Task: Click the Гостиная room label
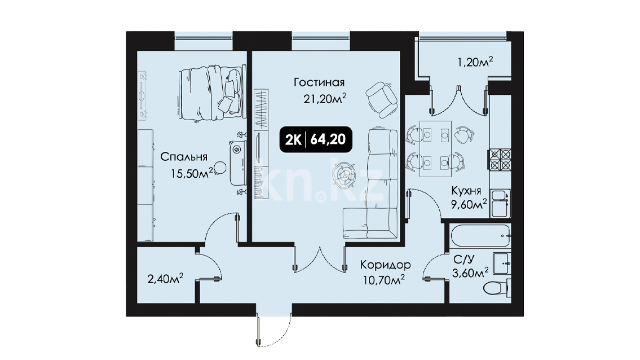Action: coord(319,82)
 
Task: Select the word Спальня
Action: coord(184,156)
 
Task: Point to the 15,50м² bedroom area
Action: coord(191,173)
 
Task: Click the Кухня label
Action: coord(466,191)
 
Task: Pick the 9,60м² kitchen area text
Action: coord(469,204)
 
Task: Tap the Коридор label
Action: coord(385,265)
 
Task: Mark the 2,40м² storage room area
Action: coord(165,279)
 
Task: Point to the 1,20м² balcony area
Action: coord(475,63)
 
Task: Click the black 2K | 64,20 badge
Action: coord(316,139)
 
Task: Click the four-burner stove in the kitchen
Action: coord(500,159)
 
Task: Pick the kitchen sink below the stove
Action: coord(500,203)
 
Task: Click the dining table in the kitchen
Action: coord(435,149)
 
